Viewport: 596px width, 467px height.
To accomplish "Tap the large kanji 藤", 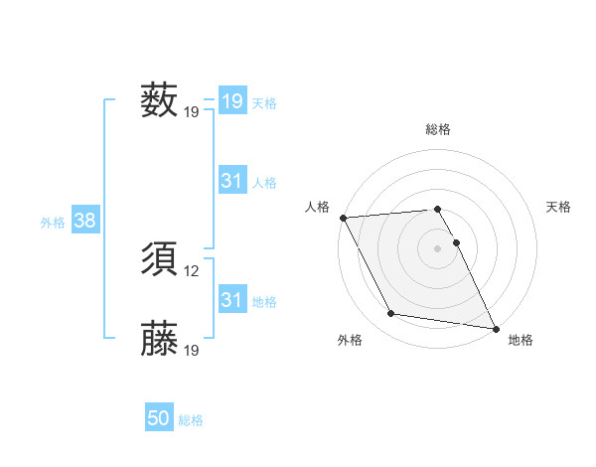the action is point(159,339).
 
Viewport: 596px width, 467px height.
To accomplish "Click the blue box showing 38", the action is point(84,221).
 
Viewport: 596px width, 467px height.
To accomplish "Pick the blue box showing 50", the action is point(159,418).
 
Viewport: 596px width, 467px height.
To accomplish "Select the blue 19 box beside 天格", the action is point(232,101).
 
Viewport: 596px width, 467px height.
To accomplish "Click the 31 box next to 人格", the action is point(232,181).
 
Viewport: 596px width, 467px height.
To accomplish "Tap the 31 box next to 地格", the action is point(232,300).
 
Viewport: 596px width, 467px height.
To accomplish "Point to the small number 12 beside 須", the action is point(193,270).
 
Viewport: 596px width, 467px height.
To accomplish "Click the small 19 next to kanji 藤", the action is point(193,350).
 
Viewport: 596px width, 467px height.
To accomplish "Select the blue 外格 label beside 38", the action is point(53,223).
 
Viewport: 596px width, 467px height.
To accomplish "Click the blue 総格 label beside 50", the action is point(191,420).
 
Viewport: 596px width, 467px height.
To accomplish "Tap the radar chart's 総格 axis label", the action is point(438,129).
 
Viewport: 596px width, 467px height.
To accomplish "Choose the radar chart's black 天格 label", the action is point(559,207).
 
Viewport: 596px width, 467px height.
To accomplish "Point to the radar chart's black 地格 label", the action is point(521,340).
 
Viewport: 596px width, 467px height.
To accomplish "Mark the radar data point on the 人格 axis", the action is point(343,217).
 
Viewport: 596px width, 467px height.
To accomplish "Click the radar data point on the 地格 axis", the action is point(495,327).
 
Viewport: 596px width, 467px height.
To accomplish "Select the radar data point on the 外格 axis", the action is point(391,314).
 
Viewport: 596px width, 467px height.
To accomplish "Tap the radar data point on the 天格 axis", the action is point(457,242).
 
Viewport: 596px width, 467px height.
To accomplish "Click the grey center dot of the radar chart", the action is point(438,247).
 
